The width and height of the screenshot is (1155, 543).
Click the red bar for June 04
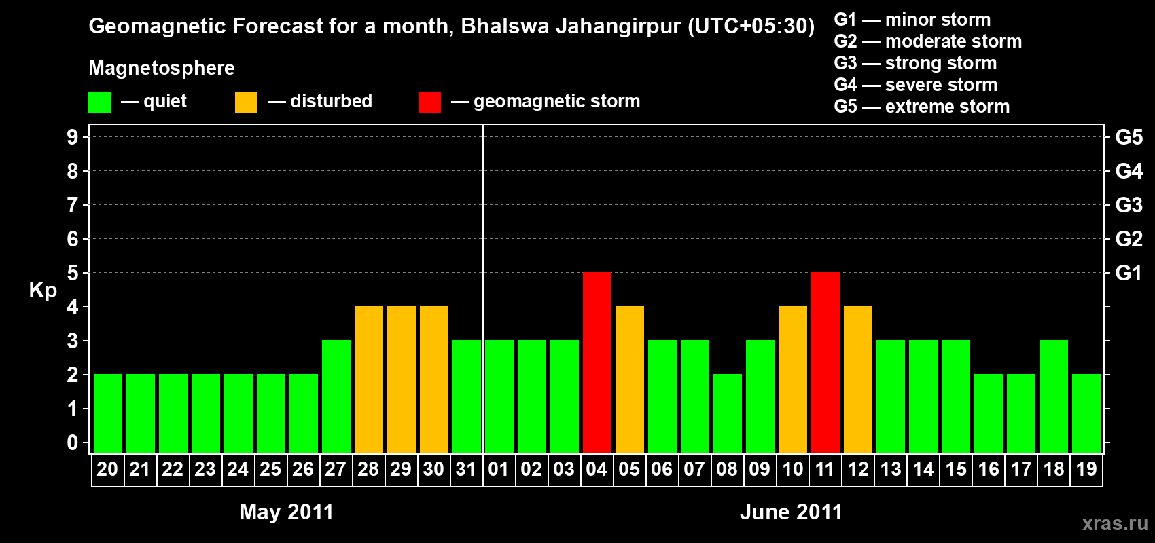coord(597,362)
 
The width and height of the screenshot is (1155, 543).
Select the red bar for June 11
coord(825,362)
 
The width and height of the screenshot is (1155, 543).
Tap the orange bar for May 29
coord(402,379)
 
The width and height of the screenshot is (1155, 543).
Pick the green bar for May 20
coord(108,413)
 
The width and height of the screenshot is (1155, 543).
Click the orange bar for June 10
coord(793,379)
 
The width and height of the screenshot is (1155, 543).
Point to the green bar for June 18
coord(1054,396)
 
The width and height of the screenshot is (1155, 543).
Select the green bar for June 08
coord(728,413)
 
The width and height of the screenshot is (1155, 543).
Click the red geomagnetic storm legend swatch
coord(429,102)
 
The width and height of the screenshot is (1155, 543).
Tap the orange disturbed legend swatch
coord(246,102)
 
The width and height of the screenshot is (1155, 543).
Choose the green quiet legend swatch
coord(99,102)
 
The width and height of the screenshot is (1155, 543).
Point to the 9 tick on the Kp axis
coord(73,137)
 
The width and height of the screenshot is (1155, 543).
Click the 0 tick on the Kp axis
coord(73,443)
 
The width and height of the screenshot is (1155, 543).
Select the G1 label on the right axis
coord(1129,273)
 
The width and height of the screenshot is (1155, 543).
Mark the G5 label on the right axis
coord(1129,137)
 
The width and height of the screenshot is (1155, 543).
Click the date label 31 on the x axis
coord(466,469)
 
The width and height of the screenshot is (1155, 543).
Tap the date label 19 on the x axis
coord(1086,469)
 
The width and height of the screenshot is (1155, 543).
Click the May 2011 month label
coord(286,512)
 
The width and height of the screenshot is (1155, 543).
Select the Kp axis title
coord(43,291)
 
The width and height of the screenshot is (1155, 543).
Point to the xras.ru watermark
coord(1115,523)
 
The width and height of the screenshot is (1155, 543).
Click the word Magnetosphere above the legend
coord(162,68)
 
